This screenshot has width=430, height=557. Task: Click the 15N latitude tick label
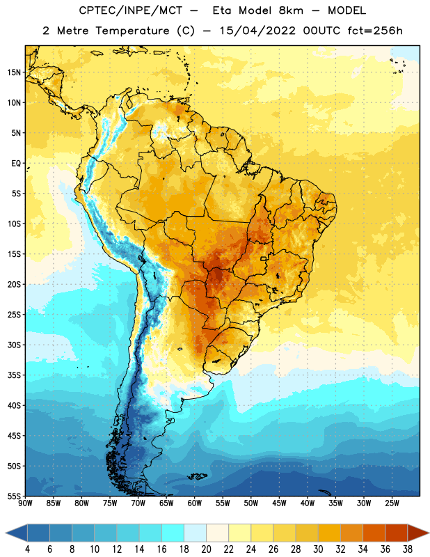(x=14, y=72)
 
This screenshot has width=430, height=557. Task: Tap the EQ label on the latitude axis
(x=16, y=164)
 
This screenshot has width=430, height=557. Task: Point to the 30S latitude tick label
(x=14, y=345)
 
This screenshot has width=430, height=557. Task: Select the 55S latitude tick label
(x=14, y=496)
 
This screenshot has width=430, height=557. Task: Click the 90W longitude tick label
(x=25, y=503)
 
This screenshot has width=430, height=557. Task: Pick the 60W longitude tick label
(x=195, y=503)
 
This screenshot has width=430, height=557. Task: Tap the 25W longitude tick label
(x=392, y=503)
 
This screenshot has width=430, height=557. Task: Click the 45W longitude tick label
(x=279, y=503)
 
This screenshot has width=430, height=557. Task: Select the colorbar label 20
(x=206, y=549)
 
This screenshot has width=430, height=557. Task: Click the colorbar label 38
(x=408, y=549)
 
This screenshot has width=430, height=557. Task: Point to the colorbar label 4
(x=27, y=549)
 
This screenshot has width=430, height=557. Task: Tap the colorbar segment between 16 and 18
(x=173, y=533)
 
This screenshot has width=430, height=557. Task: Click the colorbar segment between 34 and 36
(x=374, y=533)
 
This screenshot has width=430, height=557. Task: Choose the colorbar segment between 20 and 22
(x=217, y=533)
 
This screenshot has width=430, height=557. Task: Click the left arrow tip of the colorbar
(x=6, y=533)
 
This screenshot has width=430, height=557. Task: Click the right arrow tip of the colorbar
(x=429, y=533)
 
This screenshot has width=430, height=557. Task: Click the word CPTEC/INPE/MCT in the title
(x=131, y=10)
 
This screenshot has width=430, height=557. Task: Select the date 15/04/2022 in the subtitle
(x=257, y=31)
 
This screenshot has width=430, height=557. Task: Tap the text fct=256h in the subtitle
(x=375, y=31)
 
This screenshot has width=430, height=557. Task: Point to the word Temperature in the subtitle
(x=132, y=31)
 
